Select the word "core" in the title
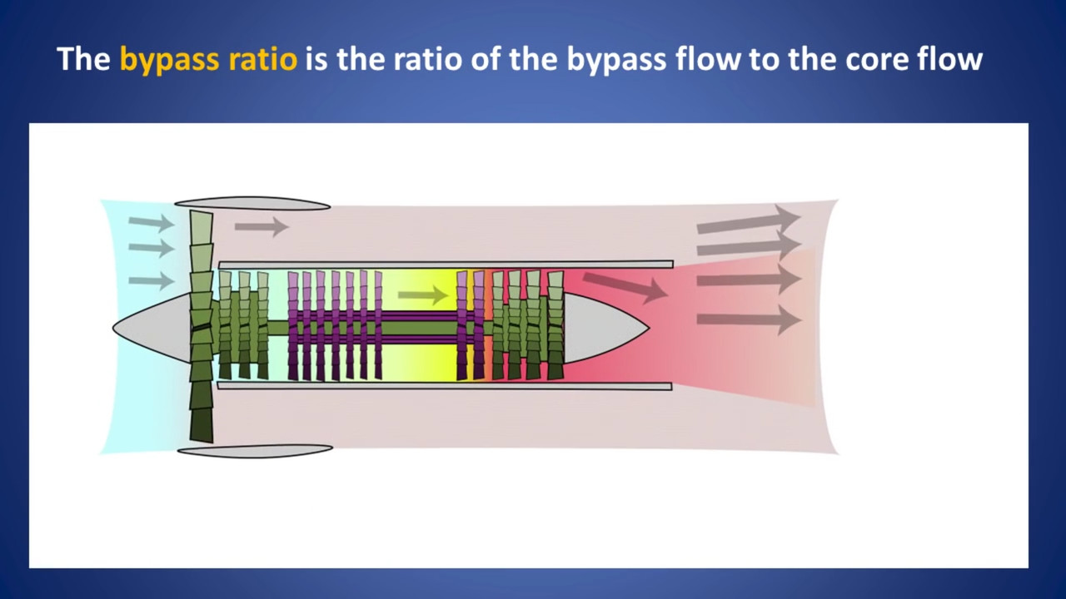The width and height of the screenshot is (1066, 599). pyautogui.click(x=868, y=60)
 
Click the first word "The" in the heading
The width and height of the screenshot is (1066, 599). pyautogui.click(x=84, y=59)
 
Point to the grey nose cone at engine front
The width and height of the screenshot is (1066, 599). pyautogui.click(x=152, y=328)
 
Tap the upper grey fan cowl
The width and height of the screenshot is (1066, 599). pyautogui.click(x=252, y=204)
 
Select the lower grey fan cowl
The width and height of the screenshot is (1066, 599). pyautogui.click(x=255, y=451)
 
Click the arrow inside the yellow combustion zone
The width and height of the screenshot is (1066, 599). pyautogui.click(x=423, y=295)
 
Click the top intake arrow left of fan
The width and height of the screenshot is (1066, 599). pyautogui.click(x=152, y=222)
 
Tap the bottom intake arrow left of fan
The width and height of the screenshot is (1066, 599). pyautogui.click(x=152, y=280)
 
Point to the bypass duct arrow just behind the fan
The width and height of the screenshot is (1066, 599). pyautogui.click(x=262, y=226)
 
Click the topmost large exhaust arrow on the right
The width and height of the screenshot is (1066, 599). pyautogui.click(x=749, y=220)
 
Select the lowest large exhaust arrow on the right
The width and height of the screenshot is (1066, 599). pyautogui.click(x=749, y=319)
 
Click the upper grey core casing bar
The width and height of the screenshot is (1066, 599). pyautogui.click(x=446, y=265)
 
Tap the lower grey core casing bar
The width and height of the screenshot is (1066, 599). pyautogui.click(x=445, y=385)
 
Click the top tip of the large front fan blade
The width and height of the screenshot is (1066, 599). pyautogui.click(x=201, y=211)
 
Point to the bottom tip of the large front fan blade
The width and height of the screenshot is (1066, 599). pyautogui.click(x=202, y=441)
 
